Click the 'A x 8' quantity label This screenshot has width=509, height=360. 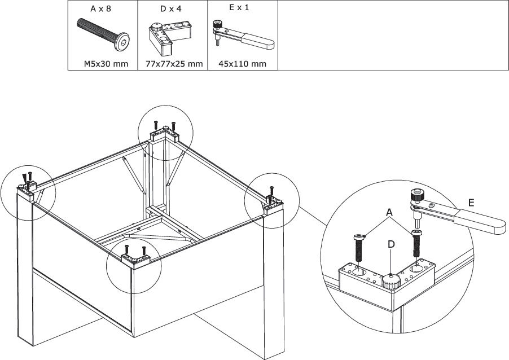pyautogui.click(x=102, y=8)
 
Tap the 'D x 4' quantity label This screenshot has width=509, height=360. pyautogui.click(x=172, y=8)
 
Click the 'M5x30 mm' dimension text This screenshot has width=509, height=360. pyautogui.click(x=102, y=64)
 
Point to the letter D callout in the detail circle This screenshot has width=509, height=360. pyautogui.click(x=390, y=244)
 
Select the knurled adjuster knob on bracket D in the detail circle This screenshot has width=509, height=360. pyautogui.click(x=389, y=280)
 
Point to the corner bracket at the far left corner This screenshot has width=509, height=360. pyautogui.click(x=28, y=188)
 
